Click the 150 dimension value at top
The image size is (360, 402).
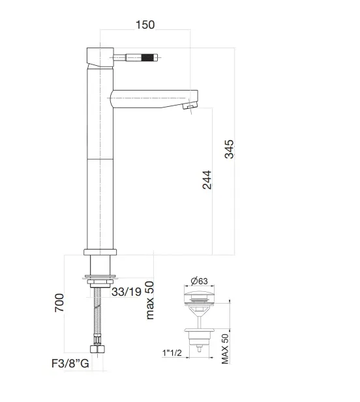tap(145, 25)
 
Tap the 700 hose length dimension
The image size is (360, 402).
tap(58, 303)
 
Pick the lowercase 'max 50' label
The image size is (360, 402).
tap(150, 300)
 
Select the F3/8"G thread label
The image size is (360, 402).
tap(70, 364)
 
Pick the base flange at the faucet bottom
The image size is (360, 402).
tap(100, 252)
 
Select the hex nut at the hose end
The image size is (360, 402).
tap(100, 349)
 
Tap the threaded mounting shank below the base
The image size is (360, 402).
tap(100, 267)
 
